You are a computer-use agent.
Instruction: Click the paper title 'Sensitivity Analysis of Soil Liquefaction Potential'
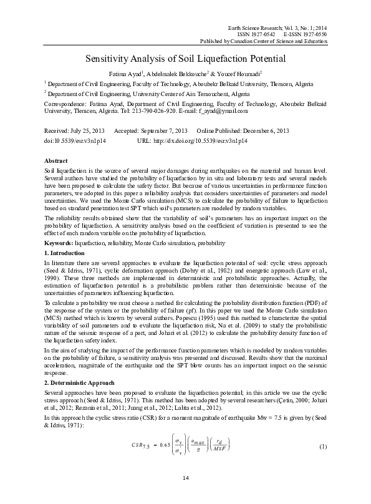coord(185,60)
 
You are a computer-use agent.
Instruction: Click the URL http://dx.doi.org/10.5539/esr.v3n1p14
coord(200,142)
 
